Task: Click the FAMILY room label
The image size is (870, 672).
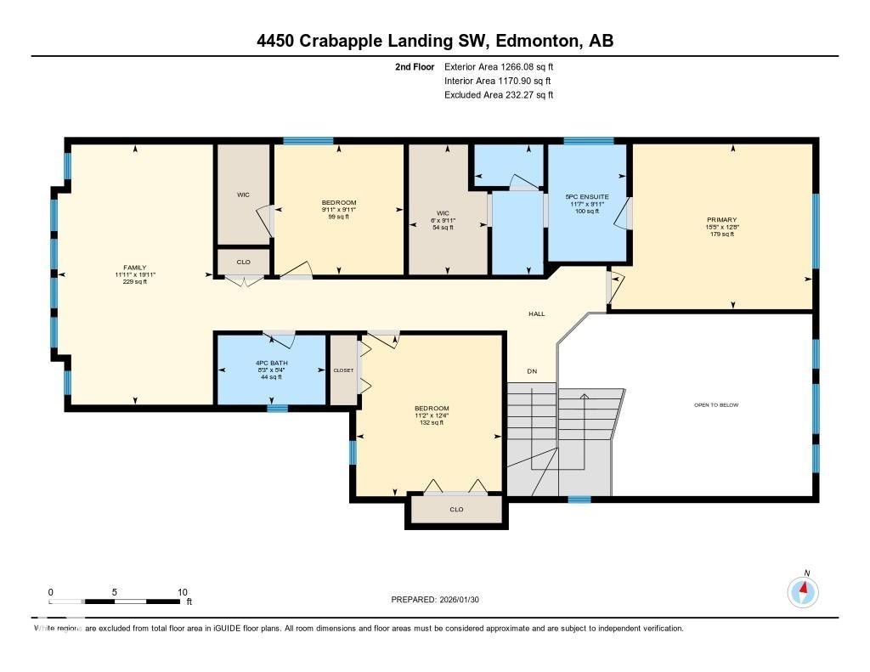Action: (134, 268)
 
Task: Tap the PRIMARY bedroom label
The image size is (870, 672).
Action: (720, 219)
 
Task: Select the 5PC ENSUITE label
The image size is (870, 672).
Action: (587, 196)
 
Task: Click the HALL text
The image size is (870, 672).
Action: (536, 314)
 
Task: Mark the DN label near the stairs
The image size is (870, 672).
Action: (532, 371)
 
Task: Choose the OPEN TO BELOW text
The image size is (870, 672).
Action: (715, 405)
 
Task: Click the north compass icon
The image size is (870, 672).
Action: (802, 590)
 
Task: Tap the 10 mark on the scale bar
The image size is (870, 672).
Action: (183, 592)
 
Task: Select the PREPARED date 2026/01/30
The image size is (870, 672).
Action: (464, 600)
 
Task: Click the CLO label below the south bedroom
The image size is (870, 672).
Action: (456, 510)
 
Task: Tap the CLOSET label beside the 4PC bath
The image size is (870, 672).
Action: (343, 370)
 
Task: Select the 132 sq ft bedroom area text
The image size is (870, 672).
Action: (431, 422)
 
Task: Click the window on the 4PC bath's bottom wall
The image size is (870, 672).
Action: (277, 409)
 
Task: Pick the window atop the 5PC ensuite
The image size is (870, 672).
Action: (588, 141)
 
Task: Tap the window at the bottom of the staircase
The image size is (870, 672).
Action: (579, 500)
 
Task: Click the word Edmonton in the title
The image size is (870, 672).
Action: (541, 41)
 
